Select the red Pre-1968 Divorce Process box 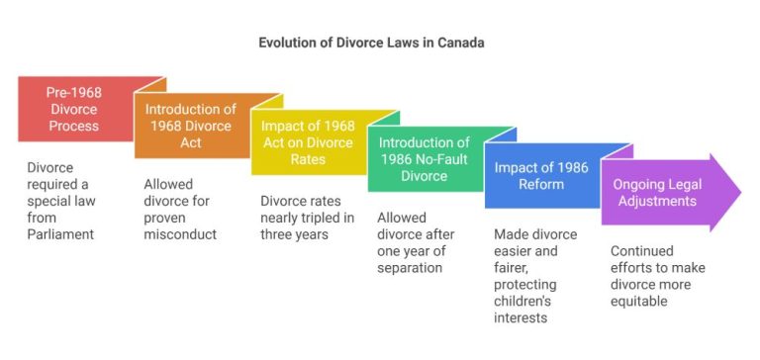pyautogui.click(x=74, y=109)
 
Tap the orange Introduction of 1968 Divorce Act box pyautogui.click(x=191, y=126)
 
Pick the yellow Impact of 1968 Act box pyautogui.click(x=308, y=142)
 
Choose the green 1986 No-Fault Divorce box pyautogui.click(x=425, y=159)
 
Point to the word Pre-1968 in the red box pyautogui.click(x=74, y=92)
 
